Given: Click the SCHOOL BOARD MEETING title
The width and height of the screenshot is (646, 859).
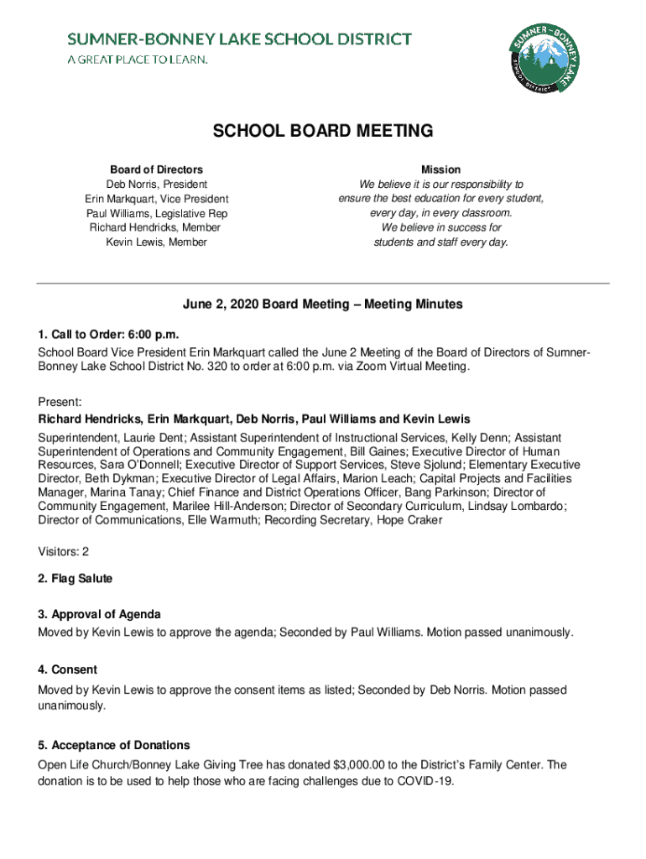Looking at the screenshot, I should [323, 131].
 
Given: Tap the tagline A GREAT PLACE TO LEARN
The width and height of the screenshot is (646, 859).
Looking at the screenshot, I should [137, 60].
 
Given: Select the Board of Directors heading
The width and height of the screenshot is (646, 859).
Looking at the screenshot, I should [156, 169].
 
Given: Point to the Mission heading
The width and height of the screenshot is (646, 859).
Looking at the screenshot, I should [440, 169].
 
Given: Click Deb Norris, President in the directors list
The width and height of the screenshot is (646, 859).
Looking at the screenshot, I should [156, 185].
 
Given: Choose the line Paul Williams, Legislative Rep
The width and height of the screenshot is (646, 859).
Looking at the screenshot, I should [156, 214].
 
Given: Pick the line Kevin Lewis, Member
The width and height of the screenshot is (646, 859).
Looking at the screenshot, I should [156, 242].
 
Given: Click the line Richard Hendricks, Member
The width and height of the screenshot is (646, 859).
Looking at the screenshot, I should [156, 228].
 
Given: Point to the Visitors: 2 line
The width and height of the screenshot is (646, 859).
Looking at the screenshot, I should [64, 551].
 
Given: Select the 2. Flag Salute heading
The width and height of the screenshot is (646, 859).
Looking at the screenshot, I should [75, 579].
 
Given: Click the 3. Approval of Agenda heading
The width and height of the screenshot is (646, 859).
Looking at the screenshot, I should [99, 614].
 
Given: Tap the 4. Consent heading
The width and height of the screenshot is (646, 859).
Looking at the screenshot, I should [67, 669].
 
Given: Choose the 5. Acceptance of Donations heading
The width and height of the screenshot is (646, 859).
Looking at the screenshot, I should [113, 745].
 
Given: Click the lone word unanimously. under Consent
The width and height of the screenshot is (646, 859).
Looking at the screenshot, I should [72, 705].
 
